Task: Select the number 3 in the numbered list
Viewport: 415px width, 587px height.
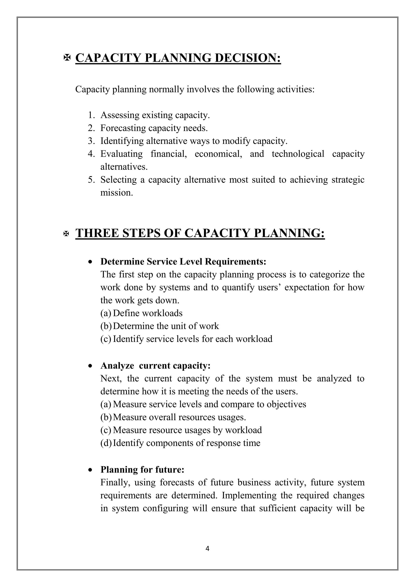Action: point(91,141)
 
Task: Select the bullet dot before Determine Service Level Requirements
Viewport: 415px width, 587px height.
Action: point(90,262)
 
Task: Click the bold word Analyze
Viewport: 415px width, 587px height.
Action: point(117,366)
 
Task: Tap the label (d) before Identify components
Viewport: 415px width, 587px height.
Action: point(106,443)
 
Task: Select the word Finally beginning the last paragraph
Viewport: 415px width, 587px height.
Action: point(115,483)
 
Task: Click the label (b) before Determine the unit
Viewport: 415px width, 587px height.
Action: point(106,326)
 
